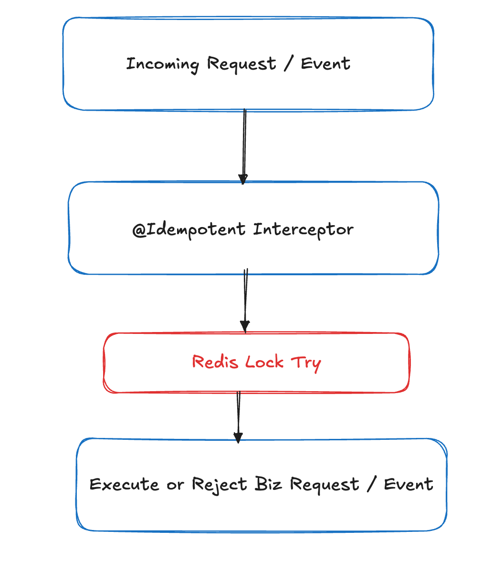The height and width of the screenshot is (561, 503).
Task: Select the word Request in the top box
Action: tap(241, 64)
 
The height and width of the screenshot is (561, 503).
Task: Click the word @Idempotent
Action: tap(189, 230)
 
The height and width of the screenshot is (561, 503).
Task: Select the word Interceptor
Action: tap(303, 230)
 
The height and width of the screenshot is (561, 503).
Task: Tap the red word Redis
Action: tap(215, 362)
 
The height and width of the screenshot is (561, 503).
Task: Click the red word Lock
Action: tap(264, 362)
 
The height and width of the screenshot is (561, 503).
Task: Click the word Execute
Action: tap(124, 485)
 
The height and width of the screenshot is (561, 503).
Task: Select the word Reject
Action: tap(220, 485)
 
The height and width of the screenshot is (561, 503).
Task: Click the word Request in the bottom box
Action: tap(325, 485)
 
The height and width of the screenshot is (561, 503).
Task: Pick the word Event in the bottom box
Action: tap(409, 484)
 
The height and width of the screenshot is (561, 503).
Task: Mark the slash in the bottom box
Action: tap(371, 484)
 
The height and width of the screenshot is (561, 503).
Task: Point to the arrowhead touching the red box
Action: tap(245, 326)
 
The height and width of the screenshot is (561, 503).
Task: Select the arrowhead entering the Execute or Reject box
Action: tap(238, 437)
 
